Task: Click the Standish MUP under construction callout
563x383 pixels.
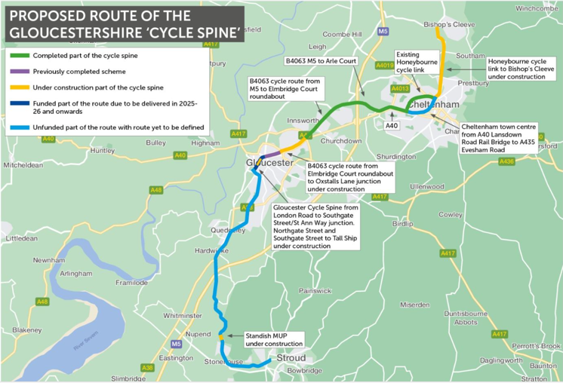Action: point(274,339)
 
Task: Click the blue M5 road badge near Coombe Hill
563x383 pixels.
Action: point(383,32)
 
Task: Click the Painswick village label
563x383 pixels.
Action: point(315,290)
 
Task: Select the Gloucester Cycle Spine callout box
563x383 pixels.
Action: point(315,225)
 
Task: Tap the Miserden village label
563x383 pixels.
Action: point(414,305)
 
